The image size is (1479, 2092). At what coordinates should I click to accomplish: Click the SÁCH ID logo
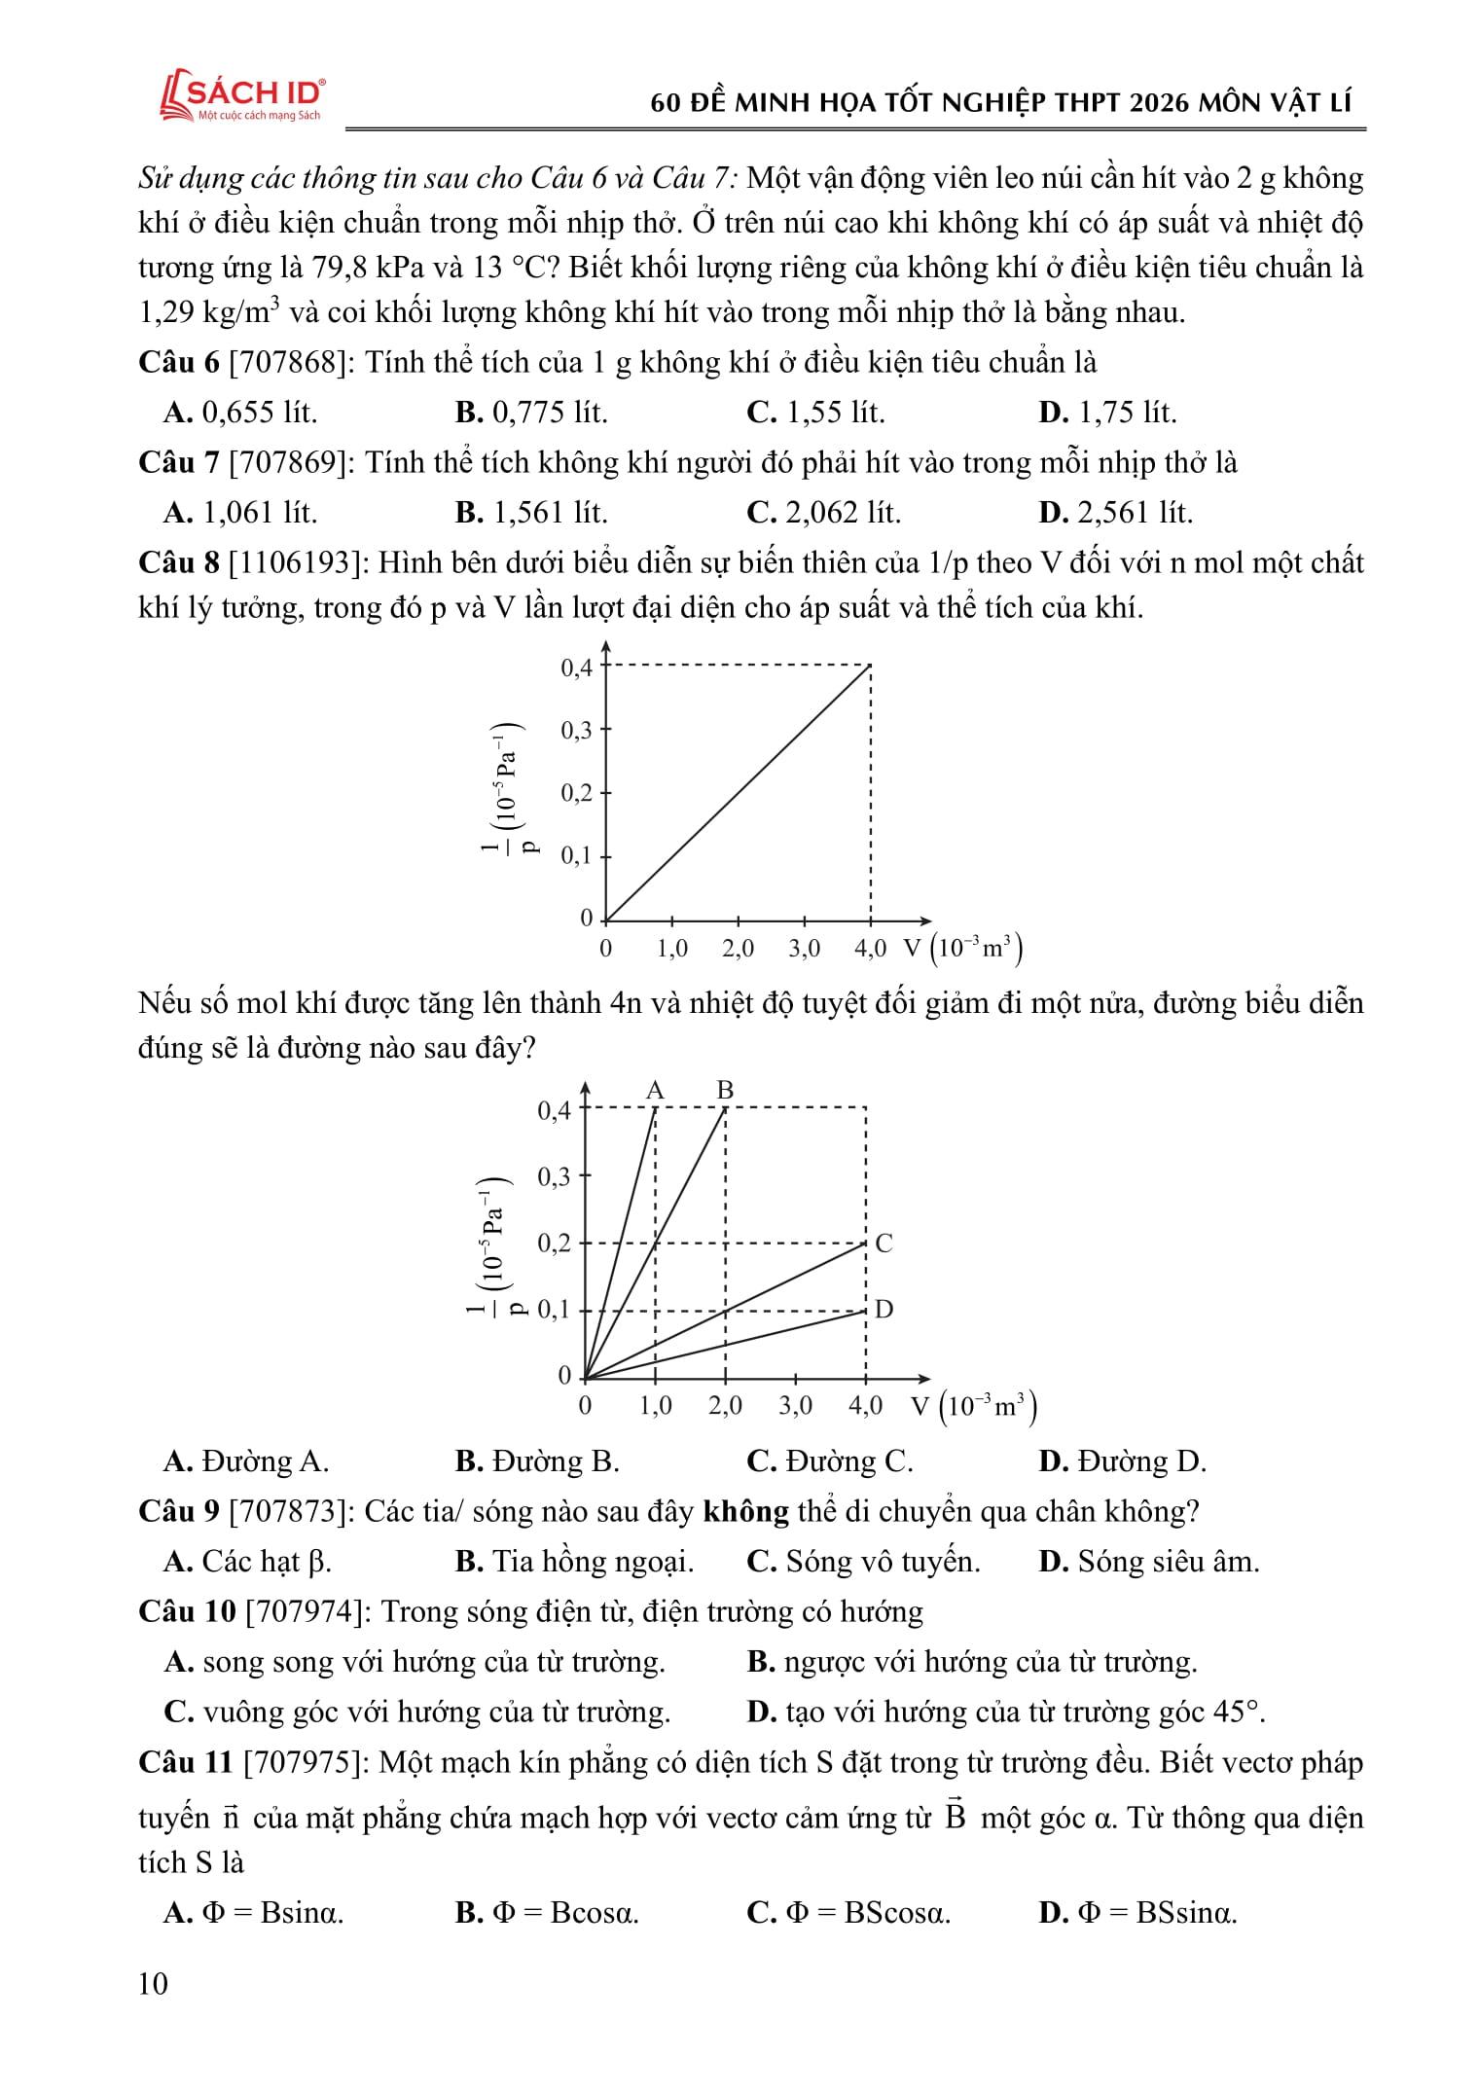242,96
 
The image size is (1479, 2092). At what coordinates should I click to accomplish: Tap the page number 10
154,1982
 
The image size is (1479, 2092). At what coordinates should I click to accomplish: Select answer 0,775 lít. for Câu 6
531,413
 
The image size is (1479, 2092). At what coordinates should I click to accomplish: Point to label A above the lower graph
655,1090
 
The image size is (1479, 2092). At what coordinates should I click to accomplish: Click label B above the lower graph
725,1090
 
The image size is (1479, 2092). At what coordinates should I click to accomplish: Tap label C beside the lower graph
884,1243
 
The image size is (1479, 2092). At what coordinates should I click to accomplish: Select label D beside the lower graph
884,1309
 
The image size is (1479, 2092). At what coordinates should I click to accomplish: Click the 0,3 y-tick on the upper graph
576,730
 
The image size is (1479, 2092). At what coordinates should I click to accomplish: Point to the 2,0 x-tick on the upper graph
738,949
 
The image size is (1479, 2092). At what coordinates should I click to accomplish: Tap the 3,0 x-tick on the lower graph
795,1405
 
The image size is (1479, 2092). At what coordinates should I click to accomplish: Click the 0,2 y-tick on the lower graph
555,1244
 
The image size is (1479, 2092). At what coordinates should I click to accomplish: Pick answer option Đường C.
830,1461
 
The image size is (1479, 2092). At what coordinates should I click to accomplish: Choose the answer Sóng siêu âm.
1149,1562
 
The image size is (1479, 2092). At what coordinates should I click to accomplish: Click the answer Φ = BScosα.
848,1912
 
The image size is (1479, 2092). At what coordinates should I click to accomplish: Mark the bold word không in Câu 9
745,1511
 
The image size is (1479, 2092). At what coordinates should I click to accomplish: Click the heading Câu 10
187,1611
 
